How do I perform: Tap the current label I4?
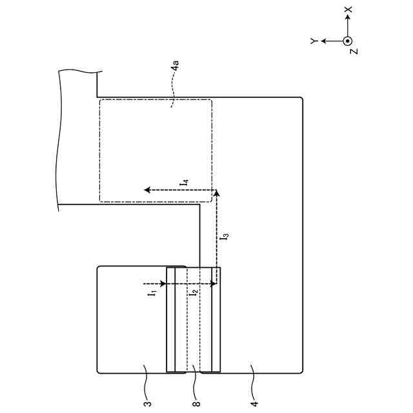pyautogui.click(x=184, y=184)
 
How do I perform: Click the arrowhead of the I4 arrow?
pyautogui.click(x=147, y=190)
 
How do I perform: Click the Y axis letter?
pyautogui.click(x=313, y=41)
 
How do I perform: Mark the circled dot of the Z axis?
pyautogui.click(x=347, y=41)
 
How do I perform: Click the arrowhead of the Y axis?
pyautogui.click(x=323, y=41)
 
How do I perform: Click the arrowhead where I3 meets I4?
pyautogui.click(x=216, y=192)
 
